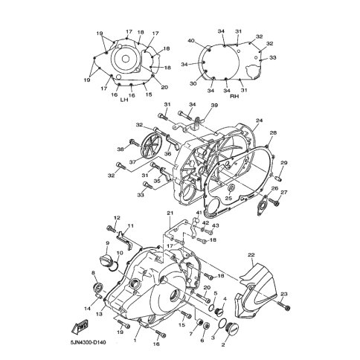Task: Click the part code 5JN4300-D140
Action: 89,343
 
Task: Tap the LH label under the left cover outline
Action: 124,100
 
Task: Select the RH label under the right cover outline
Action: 234,97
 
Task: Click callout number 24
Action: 259,120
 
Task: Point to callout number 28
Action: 273,133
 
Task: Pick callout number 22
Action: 251,255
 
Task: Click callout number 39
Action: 214,105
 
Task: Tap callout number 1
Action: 135,341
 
